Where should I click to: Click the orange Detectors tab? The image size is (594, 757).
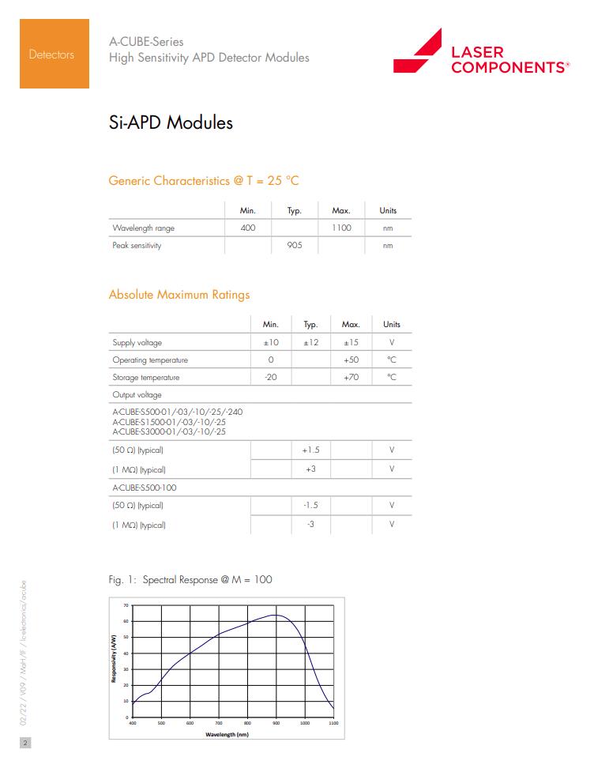tap(51, 54)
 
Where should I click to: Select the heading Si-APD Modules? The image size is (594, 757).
tap(170, 123)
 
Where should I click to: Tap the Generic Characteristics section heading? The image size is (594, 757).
tap(203, 181)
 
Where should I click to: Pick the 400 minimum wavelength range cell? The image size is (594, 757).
tap(247, 228)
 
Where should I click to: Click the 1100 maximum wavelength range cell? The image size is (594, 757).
tap(341, 228)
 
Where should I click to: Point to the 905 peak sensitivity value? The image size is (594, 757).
tap(294, 245)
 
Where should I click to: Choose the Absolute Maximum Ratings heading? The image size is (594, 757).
tap(179, 295)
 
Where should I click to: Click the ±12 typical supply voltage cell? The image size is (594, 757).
tap(310, 342)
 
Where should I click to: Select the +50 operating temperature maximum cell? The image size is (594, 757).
tap(351, 360)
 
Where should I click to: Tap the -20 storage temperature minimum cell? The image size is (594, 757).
tap(270, 377)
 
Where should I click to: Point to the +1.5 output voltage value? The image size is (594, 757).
tap(310, 450)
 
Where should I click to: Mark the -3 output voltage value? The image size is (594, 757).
tap(310, 524)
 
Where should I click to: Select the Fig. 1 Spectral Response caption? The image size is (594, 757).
tap(190, 580)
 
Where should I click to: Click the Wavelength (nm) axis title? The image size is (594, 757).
tap(227, 734)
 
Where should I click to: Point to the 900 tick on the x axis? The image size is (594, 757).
tap(276, 723)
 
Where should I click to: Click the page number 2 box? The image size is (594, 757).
tap(24, 743)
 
